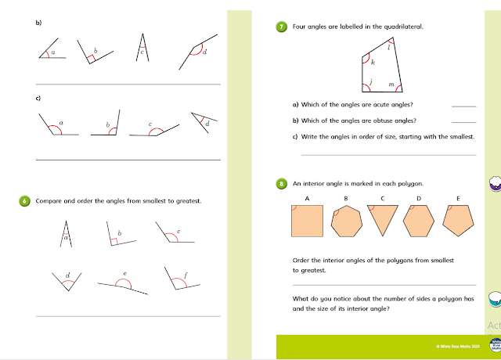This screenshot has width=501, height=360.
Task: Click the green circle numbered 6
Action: pyautogui.click(x=25, y=201)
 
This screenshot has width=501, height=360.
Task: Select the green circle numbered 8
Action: pyautogui.click(x=281, y=184)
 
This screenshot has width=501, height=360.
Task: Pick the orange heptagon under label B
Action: pyautogui.click(x=345, y=222)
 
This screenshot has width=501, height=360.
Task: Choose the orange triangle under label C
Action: pyautogui.click(x=383, y=220)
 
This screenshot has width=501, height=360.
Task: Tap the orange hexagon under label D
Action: pyautogui.click(x=420, y=221)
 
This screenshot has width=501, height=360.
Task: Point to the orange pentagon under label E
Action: pyautogui.click(x=458, y=221)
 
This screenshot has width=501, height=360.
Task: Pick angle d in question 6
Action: pyautogui.click(x=68, y=279)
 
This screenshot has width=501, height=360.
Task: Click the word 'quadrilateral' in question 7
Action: pyautogui.click(x=402, y=26)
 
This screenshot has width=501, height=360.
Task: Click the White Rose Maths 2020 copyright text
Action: pyautogui.click(x=456, y=345)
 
